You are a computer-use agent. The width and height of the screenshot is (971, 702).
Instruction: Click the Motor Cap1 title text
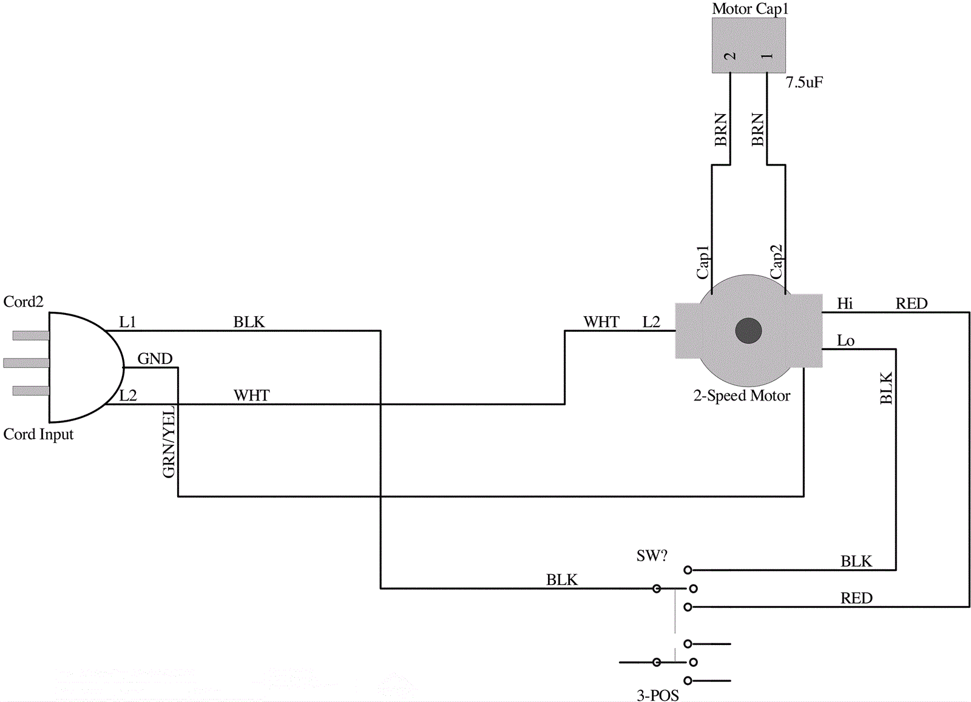pyautogui.click(x=750, y=8)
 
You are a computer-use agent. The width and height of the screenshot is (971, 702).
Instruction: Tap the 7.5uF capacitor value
pyautogui.click(x=805, y=83)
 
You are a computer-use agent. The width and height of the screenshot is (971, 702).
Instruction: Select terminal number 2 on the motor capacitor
pyautogui.click(x=730, y=56)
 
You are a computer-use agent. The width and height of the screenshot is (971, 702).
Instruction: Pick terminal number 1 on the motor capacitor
pyautogui.click(x=767, y=56)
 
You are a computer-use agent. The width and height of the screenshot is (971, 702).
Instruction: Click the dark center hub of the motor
pyautogui.click(x=749, y=331)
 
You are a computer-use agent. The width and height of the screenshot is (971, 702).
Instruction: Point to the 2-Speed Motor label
pyautogui.click(x=742, y=396)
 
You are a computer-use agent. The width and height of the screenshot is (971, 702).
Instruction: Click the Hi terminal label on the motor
pyautogui.click(x=845, y=303)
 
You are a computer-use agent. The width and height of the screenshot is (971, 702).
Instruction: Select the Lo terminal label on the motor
pyautogui.click(x=845, y=340)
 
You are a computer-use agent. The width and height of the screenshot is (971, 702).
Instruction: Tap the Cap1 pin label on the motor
pyautogui.click(x=703, y=262)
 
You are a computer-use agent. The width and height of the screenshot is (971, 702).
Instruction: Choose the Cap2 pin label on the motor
pyautogui.click(x=776, y=262)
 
